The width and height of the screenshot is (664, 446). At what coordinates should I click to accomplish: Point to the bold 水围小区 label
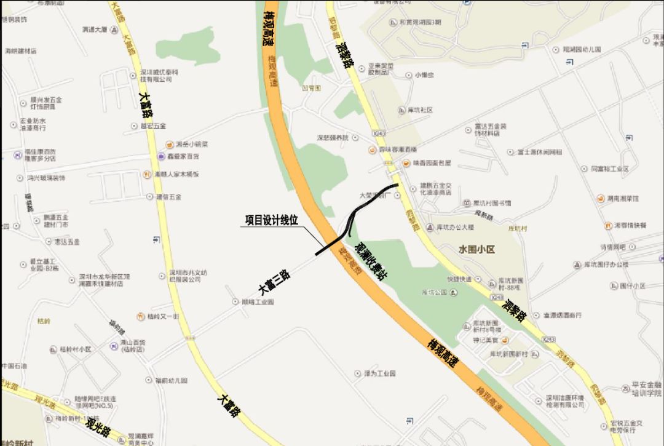click(x=476, y=249)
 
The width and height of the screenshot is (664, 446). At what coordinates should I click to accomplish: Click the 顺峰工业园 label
click(x=258, y=302)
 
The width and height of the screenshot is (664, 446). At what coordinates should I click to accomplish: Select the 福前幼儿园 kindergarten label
click(x=170, y=381)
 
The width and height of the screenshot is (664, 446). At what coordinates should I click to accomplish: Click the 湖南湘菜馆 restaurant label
click(x=623, y=199)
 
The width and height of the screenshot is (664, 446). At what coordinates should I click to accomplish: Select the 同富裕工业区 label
click(x=610, y=169)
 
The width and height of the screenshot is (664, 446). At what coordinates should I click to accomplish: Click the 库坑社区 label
click(x=420, y=110)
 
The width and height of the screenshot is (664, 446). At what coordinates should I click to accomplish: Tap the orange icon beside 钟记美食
click(x=504, y=340)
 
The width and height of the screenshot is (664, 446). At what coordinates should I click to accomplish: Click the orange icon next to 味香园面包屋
click(x=405, y=163)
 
